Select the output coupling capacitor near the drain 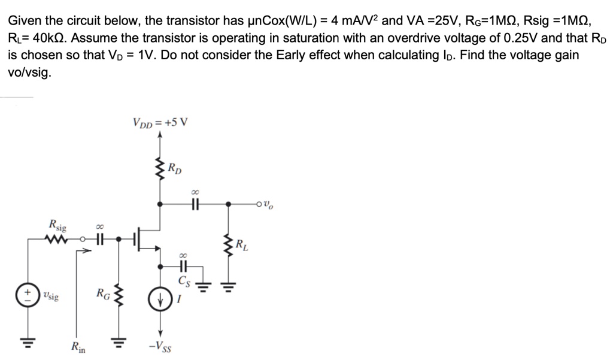tap(193, 204)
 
